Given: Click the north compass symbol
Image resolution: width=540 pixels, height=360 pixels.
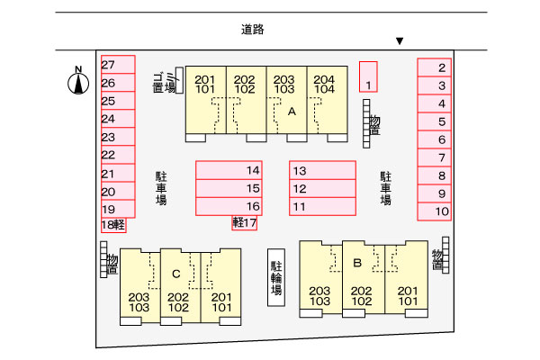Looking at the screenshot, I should pyautogui.click(x=79, y=83).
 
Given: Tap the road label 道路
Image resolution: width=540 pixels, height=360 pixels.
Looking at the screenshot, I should pyautogui.click(x=253, y=29).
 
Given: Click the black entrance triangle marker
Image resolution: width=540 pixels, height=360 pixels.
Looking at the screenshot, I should pyautogui.click(x=400, y=41).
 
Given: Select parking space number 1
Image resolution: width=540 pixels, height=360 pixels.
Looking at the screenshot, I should pyautogui.click(x=367, y=76).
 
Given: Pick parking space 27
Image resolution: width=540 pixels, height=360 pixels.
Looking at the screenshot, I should pyautogui.click(x=117, y=65).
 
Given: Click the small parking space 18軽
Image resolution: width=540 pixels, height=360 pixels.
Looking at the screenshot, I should pyautogui.click(x=112, y=225).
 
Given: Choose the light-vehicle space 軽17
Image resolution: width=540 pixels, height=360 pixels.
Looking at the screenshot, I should pyautogui.click(x=245, y=223).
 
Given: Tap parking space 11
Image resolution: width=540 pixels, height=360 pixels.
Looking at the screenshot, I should pyautogui.click(x=322, y=207).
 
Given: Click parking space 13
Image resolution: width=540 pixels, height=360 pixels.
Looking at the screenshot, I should pyautogui.click(x=322, y=170).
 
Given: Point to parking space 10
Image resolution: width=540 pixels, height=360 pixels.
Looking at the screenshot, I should pyautogui.click(x=434, y=211).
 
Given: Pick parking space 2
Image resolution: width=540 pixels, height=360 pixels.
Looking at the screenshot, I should pyautogui.click(x=434, y=67).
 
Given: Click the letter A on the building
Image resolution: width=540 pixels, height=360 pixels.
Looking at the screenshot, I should pyautogui.click(x=292, y=112).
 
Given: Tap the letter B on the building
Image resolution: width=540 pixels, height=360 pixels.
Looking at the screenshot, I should pyautogui.click(x=357, y=263).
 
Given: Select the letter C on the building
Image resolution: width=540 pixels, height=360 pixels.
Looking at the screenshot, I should pyautogui.click(x=176, y=273).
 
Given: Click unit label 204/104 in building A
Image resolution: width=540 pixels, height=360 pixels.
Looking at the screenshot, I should pyautogui.click(x=325, y=85).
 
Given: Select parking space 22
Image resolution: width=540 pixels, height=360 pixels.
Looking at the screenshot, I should pyautogui.click(x=117, y=155).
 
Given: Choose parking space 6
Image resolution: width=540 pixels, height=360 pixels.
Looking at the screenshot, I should pyautogui.click(x=434, y=139).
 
